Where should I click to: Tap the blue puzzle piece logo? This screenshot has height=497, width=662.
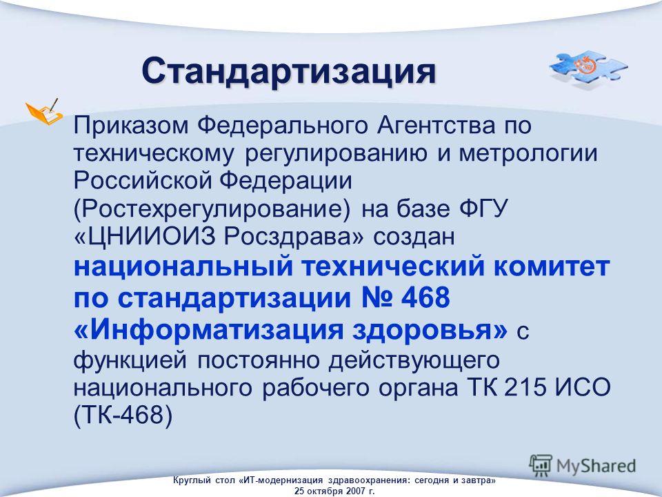(x=588, y=70)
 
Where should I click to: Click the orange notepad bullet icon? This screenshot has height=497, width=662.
(x=44, y=112)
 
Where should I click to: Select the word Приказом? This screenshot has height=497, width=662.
(x=131, y=126)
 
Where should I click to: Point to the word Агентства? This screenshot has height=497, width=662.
(x=436, y=126)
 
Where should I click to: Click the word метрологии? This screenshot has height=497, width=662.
(x=528, y=153)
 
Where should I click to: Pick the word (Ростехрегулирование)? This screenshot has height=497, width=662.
(x=212, y=208)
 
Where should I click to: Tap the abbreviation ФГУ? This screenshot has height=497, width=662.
(x=482, y=208)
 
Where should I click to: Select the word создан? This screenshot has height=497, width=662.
(x=414, y=237)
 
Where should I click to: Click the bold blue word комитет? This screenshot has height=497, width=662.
(x=552, y=266)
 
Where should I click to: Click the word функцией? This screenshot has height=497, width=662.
(x=130, y=360)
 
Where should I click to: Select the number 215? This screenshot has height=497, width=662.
(x=525, y=387)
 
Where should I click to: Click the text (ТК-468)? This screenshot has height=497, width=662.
(x=123, y=415)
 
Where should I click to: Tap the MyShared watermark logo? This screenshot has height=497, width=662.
(x=583, y=465)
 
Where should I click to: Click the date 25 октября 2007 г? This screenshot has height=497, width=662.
(x=334, y=491)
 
